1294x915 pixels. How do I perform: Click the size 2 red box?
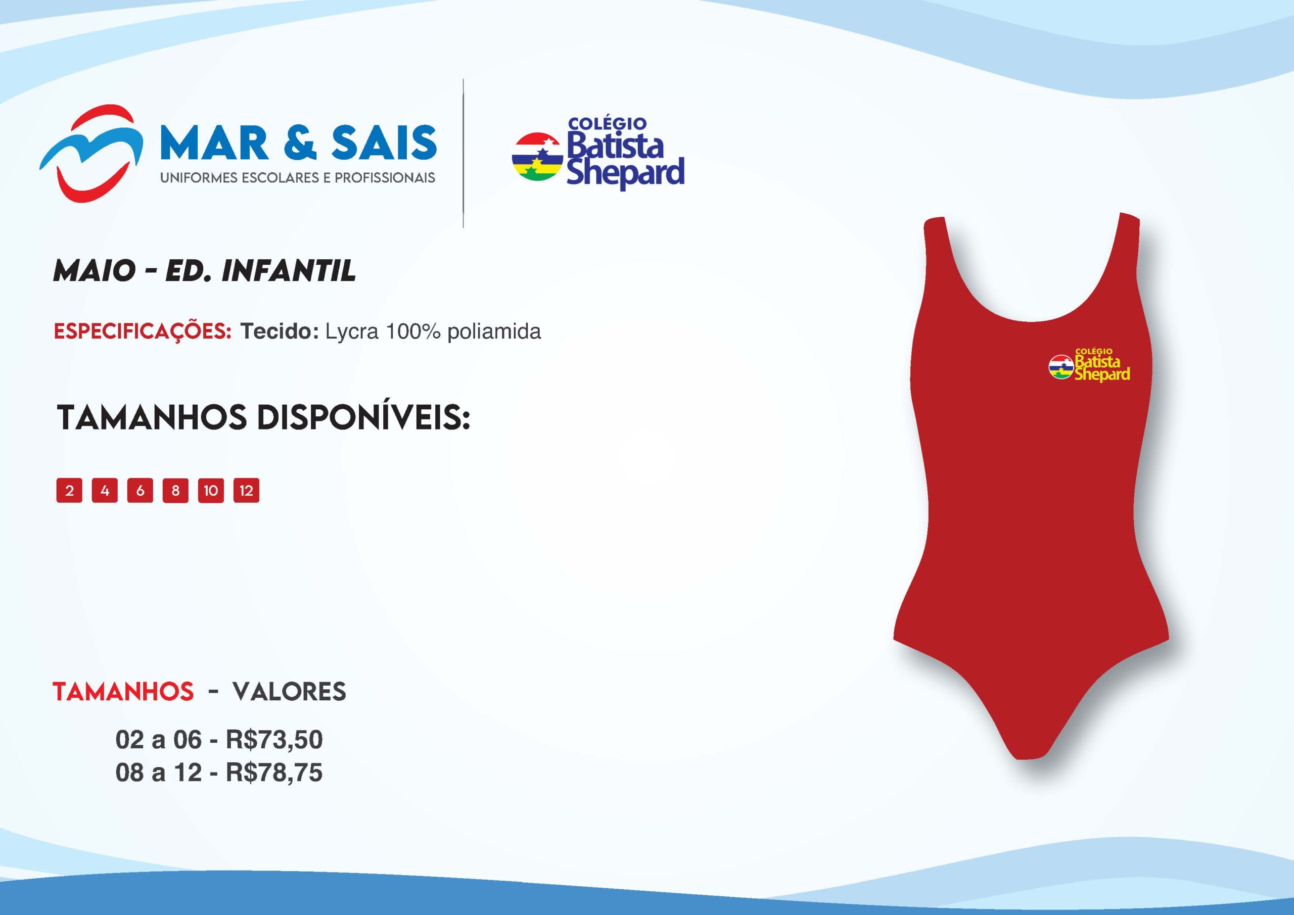[x=69, y=490]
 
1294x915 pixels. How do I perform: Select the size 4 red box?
[x=105, y=490]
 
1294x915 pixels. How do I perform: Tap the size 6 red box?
[x=141, y=490]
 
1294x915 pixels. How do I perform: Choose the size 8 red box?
[x=175, y=490]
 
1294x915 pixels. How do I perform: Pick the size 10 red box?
[x=211, y=490]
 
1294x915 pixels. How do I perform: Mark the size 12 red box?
[x=246, y=490]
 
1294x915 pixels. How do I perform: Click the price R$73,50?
[x=274, y=740]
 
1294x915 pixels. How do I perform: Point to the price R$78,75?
[x=274, y=773]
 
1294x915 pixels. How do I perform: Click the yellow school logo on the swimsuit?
[x=1089, y=365]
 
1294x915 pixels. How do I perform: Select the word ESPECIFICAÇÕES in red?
[x=143, y=331]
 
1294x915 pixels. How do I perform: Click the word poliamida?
[x=494, y=332]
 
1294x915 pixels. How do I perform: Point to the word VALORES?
[x=290, y=691]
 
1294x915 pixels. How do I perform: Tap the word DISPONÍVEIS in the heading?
[x=363, y=417]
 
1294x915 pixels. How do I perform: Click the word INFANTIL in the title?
[x=289, y=270]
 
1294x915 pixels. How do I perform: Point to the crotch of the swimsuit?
[x=1031, y=749]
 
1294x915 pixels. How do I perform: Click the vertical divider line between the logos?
[x=464, y=153]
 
